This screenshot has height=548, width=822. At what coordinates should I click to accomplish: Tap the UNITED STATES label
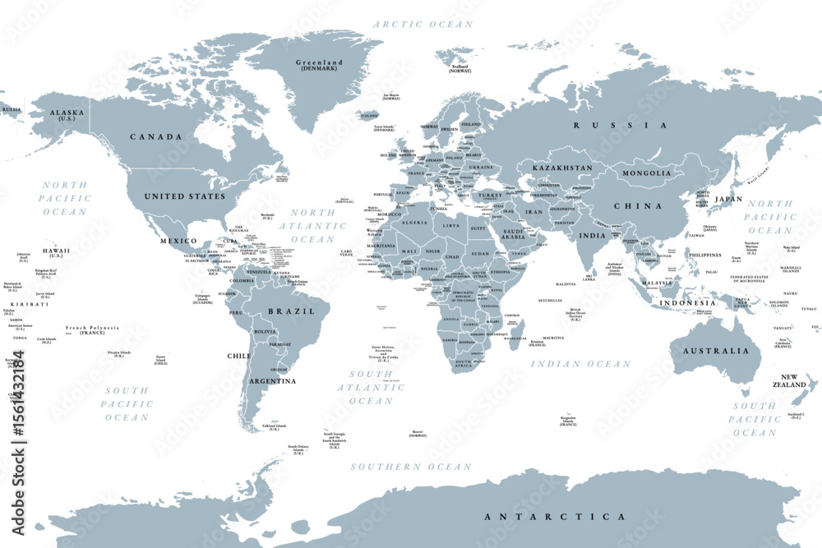coord(184,197)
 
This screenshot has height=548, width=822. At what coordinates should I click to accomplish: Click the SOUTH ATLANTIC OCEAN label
coord(371,387)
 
